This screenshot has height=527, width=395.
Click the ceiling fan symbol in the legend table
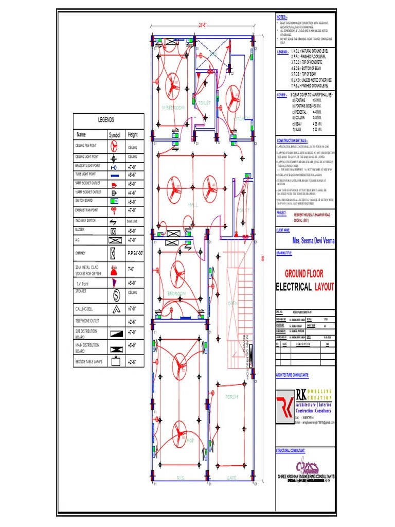pyautogui.click(x=115, y=147)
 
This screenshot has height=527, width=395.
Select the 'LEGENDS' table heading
pyautogui.click(x=106, y=119)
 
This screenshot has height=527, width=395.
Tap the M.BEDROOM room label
pyautogui.click(x=173, y=108)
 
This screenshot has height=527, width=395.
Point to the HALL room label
pyautogui.click(x=193, y=205)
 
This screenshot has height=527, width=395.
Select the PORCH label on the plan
pyautogui.click(x=231, y=397)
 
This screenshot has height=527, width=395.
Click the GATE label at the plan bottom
pyautogui.click(x=231, y=478)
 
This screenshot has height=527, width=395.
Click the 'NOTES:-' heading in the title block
pyautogui.click(x=282, y=17)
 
